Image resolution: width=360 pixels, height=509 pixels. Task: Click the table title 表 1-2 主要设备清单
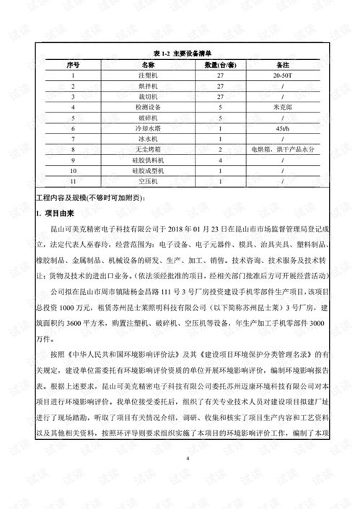180,55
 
